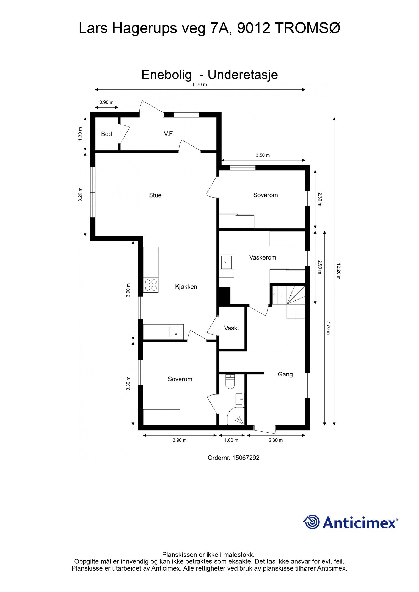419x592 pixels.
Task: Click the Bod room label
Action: pyautogui.click(x=106, y=134)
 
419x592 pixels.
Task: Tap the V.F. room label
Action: pyautogui.click(x=169, y=134)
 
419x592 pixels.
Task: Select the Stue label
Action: pyautogui.click(x=155, y=195)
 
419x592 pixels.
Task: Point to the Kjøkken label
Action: pyautogui.click(x=186, y=287)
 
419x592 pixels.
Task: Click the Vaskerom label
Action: pyautogui.click(x=263, y=257)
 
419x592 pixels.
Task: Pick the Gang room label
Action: pyautogui.click(x=285, y=374)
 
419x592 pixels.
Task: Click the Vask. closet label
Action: pyautogui.click(x=231, y=328)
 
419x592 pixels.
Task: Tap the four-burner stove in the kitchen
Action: pyautogui.click(x=151, y=285)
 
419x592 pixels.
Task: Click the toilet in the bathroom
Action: pyautogui.click(x=230, y=382)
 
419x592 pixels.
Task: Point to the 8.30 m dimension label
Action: pyautogui.click(x=200, y=84)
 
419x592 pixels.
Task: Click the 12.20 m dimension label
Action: pyautogui.click(x=338, y=271)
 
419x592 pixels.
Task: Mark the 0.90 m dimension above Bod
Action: pyautogui.click(x=106, y=102)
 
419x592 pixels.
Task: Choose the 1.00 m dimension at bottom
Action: pyautogui.click(x=231, y=440)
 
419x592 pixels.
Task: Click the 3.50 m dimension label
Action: pyautogui.click(x=263, y=155)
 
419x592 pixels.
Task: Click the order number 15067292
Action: pyautogui.click(x=245, y=458)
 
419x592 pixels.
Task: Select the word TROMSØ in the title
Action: pyautogui.click(x=307, y=28)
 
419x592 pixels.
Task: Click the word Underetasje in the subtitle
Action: pyautogui.click(x=242, y=75)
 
